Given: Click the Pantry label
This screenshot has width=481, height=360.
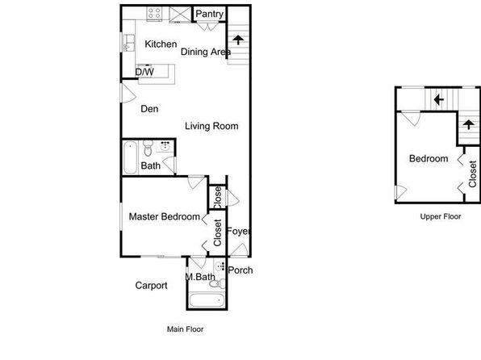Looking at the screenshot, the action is [x=210, y=14].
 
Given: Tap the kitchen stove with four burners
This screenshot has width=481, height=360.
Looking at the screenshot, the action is [x=154, y=14].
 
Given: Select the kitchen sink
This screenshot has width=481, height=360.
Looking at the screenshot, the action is [x=128, y=43].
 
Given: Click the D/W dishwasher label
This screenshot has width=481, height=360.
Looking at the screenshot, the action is [x=144, y=72].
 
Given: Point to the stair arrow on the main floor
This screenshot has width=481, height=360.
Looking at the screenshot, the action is [x=238, y=40].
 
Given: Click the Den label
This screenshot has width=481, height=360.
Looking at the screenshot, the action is [x=149, y=109].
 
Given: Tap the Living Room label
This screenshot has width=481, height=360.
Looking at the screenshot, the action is [x=211, y=126].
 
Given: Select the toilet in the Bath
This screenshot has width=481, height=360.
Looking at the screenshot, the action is [x=148, y=149].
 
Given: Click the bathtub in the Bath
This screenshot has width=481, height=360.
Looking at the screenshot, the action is [x=130, y=157].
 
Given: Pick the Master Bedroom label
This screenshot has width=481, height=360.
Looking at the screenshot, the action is [x=165, y=216].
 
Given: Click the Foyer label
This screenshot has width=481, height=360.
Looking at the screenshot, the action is [x=238, y=231].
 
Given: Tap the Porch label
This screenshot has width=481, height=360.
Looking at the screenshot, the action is [x=240, y=270].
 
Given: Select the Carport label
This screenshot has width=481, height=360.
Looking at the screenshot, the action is [x=151, y=286].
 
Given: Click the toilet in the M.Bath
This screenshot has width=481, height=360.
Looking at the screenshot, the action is [x=217, y=283].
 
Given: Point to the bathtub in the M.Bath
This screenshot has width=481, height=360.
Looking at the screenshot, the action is [x=207, y=299].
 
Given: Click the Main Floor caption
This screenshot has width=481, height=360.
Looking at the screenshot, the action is [x=186, y=329].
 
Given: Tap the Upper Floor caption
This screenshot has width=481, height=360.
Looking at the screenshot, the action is [x=441, y=216].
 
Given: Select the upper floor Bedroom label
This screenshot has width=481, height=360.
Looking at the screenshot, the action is [x=429, y=159].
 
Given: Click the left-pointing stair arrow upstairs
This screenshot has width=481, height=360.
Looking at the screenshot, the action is [x=439, y=99].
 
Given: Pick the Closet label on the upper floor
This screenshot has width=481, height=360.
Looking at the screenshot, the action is [x=472, y=174].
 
